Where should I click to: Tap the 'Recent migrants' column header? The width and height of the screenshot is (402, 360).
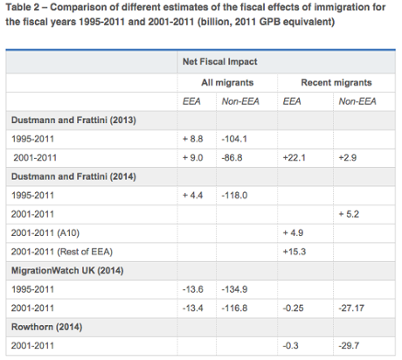[336, 82]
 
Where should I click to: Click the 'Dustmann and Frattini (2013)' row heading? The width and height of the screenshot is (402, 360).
[71, 119]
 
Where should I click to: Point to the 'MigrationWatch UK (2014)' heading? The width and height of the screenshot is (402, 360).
[66, 271]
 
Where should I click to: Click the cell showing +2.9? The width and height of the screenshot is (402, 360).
[349, 156]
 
